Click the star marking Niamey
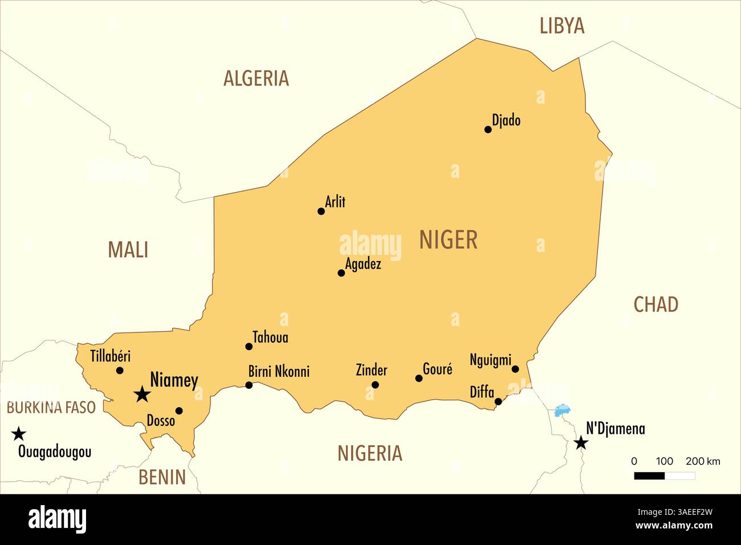[x=142, y=394]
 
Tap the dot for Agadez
[x=341, y=273]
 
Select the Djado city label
[x=506, y=120]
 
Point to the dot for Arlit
[x=321, y=212]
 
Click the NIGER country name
[x=448, y=240]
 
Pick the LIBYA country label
[x=561, y=26]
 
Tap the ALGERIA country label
[x=256, y=78]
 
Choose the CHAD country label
[x=655, y=304]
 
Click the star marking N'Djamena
[x=581, y=443]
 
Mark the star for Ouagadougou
[x=19, y=434]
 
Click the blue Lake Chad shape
[x=563, y=409]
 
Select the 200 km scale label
[x=702, y=461]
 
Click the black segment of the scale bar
[x=649, y=475]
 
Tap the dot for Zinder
[x=375, y=385]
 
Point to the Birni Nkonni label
[x=279, y=372]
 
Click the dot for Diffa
[x=498, y=402]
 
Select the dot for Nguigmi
[x=515, y=369]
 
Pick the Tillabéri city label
[x=110, y=356]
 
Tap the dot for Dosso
[x=179, y=410]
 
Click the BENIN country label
[x=162, y=477]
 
